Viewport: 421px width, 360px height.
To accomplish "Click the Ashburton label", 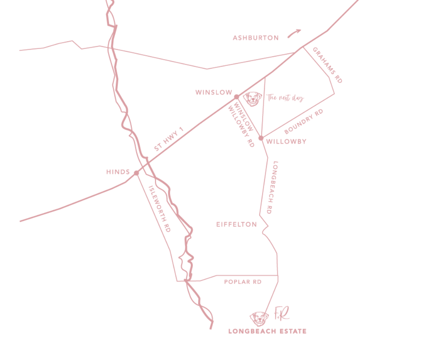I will tap(256, 38).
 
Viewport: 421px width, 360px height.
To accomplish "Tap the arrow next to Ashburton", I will tap(294, 33).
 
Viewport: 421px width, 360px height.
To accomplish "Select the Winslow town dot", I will tap(236, 97).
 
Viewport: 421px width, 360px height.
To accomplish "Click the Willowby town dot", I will tap(261, 138).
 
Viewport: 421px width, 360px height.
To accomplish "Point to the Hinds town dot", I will tap(136, 173).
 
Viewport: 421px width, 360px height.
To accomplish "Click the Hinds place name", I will tap(118, 172).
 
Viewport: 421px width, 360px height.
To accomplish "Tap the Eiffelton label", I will tap(237, 224).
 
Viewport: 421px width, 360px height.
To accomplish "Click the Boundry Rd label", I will tap(304, 121).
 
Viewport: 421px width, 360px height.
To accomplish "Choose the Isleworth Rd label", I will tap(159, 209).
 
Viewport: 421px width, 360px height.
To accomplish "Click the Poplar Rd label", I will tap(243, 282).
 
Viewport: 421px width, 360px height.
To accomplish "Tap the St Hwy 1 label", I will tap(169, 139).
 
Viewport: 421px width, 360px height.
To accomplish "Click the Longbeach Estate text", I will tap(267, 331).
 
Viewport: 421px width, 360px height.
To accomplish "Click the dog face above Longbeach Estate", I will tap(259, 319).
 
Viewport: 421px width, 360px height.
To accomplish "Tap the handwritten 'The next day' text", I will tap(285, 98).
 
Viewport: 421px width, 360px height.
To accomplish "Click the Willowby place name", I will tap(286, 142).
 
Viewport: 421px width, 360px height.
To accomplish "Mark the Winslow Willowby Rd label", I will tap(242, 123).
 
